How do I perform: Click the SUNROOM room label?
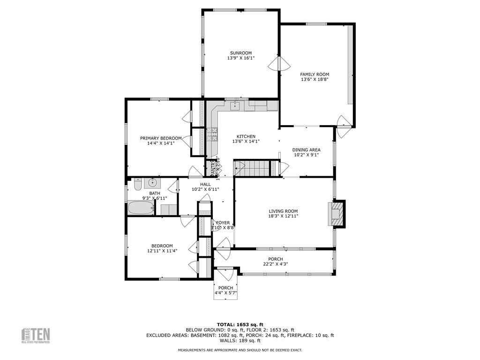click(240, 53)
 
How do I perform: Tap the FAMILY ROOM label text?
click(315, 75)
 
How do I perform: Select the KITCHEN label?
click(246, 136)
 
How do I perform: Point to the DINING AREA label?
click(306, 150)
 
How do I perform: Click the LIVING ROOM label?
click(283, 211)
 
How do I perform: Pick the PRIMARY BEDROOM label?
click(161, 138)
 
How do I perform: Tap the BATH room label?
click(155, 193)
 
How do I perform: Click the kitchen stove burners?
click(213, 135)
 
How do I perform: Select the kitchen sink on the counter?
click(234, 106)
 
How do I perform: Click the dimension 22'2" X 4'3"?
click(275, 264)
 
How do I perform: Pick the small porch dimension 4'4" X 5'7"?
click(225, 293)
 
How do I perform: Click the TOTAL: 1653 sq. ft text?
click(240, 324)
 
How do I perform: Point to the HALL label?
click(205, 184)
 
